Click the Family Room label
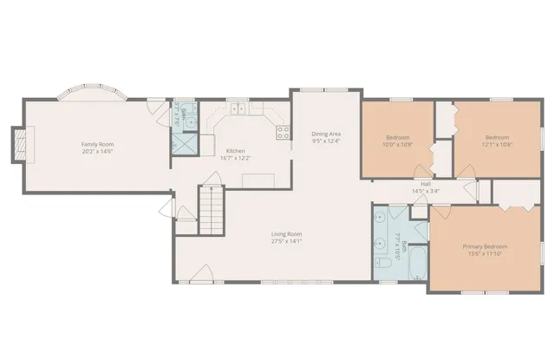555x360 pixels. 97,144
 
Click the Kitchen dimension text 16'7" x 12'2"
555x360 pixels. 236,159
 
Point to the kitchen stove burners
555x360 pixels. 283,132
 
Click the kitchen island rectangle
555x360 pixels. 258,180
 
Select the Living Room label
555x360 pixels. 286,233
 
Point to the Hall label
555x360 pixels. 426,184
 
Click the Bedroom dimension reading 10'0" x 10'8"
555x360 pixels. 399,145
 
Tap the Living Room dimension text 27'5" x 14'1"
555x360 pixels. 286,242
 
